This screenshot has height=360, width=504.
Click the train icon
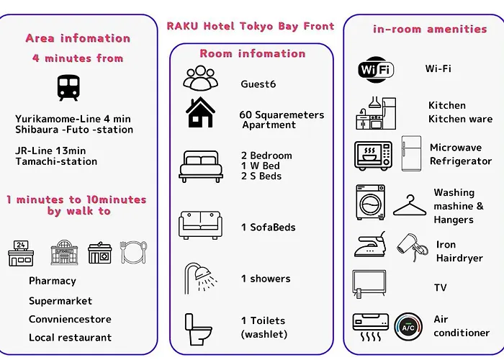click(68, 88)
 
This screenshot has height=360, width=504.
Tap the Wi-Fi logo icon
click(376, 69)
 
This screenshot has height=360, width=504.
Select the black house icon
click(200, 112)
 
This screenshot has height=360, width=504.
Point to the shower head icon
click(201, 279)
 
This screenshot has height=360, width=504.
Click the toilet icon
click(198, 330)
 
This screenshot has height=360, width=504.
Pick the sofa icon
click(200, 225)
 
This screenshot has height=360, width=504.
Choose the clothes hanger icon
click(410, 205)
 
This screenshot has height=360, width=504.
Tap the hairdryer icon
click(412, 248)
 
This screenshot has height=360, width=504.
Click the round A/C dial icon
click(408, 327)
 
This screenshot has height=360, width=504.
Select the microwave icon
click(373, 156)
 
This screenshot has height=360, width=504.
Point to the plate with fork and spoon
click(133, 252)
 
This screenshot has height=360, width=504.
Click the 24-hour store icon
click(21, 253)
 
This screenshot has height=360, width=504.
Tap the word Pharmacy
click(53, 281)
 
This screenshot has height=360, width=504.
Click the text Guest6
click(258, 84)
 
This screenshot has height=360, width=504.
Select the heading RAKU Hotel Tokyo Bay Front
click(251, 26)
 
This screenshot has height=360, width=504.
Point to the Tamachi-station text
click(56, 161)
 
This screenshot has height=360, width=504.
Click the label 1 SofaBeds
click(268, 228)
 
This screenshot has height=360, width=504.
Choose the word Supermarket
click(60, 301)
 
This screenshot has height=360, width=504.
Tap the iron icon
click(369, 244)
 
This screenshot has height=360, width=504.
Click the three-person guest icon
click(201, 78)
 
